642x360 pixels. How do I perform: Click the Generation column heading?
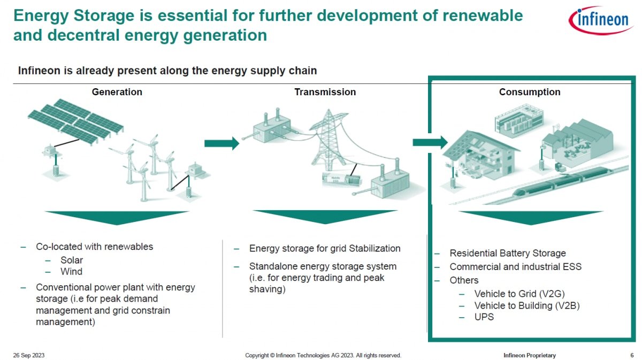point(117,92)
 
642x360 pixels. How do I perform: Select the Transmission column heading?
point(325,92)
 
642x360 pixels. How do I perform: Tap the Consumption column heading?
point(530,92)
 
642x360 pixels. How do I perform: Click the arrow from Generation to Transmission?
point(221,143)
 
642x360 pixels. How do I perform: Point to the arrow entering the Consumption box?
point(430,142)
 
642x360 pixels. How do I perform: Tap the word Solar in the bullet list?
point(72,260)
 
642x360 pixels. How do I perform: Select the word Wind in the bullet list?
point(71,271)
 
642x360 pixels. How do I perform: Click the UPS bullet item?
point(484,317)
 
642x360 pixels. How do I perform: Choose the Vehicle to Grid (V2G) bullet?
point(519,294)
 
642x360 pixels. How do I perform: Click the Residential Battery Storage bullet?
point(508,254)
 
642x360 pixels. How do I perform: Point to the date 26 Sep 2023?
point(29,355)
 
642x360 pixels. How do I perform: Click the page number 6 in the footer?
point(632,355)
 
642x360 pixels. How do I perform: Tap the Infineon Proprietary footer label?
point(530,355)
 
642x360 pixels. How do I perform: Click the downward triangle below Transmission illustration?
point(325,217)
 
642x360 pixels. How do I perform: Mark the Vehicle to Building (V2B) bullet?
point(527,305)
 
